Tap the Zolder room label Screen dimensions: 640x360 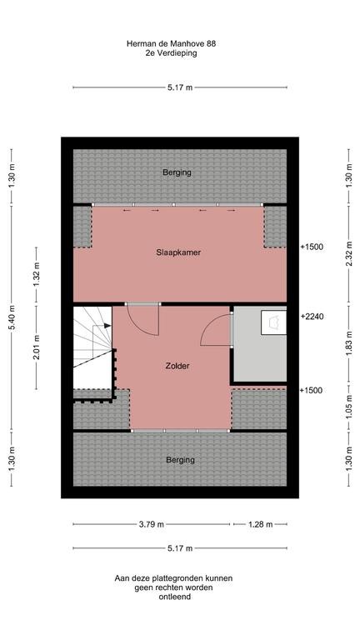point(177,366)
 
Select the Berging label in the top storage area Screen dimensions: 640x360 point(177,172)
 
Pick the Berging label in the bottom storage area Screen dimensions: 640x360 point(180,460)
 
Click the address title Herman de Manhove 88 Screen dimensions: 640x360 point(180,43)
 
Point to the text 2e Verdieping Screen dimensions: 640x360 point(180,54)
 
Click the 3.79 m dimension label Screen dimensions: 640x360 point(151,524)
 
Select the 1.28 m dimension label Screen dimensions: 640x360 point(260,524)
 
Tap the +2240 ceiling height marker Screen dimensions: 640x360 point(311,317)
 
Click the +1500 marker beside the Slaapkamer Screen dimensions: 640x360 point(311,247)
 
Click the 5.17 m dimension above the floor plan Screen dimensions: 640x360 point(180,87)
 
